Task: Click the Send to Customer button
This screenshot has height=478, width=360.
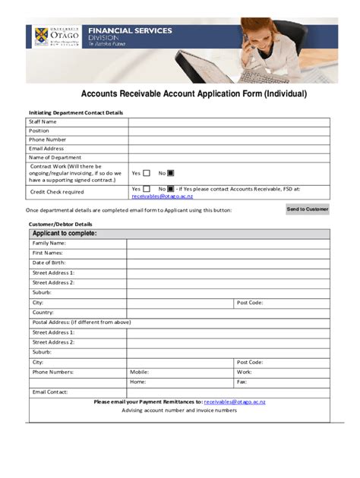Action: [x=308, y=209]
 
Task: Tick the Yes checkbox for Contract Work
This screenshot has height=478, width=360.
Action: [x=147, y=173]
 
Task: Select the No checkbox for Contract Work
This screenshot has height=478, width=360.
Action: [x=171, y=173]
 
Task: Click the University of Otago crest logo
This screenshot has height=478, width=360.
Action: [x=41, y=36]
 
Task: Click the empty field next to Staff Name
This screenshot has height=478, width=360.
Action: [x=229, y=121]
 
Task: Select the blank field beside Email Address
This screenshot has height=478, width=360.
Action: [x=229, y=148]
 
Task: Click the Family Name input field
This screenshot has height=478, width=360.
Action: [x=228, y=243]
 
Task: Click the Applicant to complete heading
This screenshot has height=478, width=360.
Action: [x=65, y=233]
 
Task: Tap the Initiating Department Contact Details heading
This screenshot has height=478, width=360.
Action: [x=76, y=112]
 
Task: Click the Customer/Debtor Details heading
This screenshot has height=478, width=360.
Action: [x=60, y=224]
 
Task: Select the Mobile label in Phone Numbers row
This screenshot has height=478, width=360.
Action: [x=139, y=372]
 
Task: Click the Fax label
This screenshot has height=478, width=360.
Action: [x=242, y=382]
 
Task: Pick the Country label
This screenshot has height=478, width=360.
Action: [x=43, y=312]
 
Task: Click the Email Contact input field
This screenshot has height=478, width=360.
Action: [x=228, y=392]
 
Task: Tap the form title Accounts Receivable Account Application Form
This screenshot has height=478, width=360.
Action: [x=194, y=94]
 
